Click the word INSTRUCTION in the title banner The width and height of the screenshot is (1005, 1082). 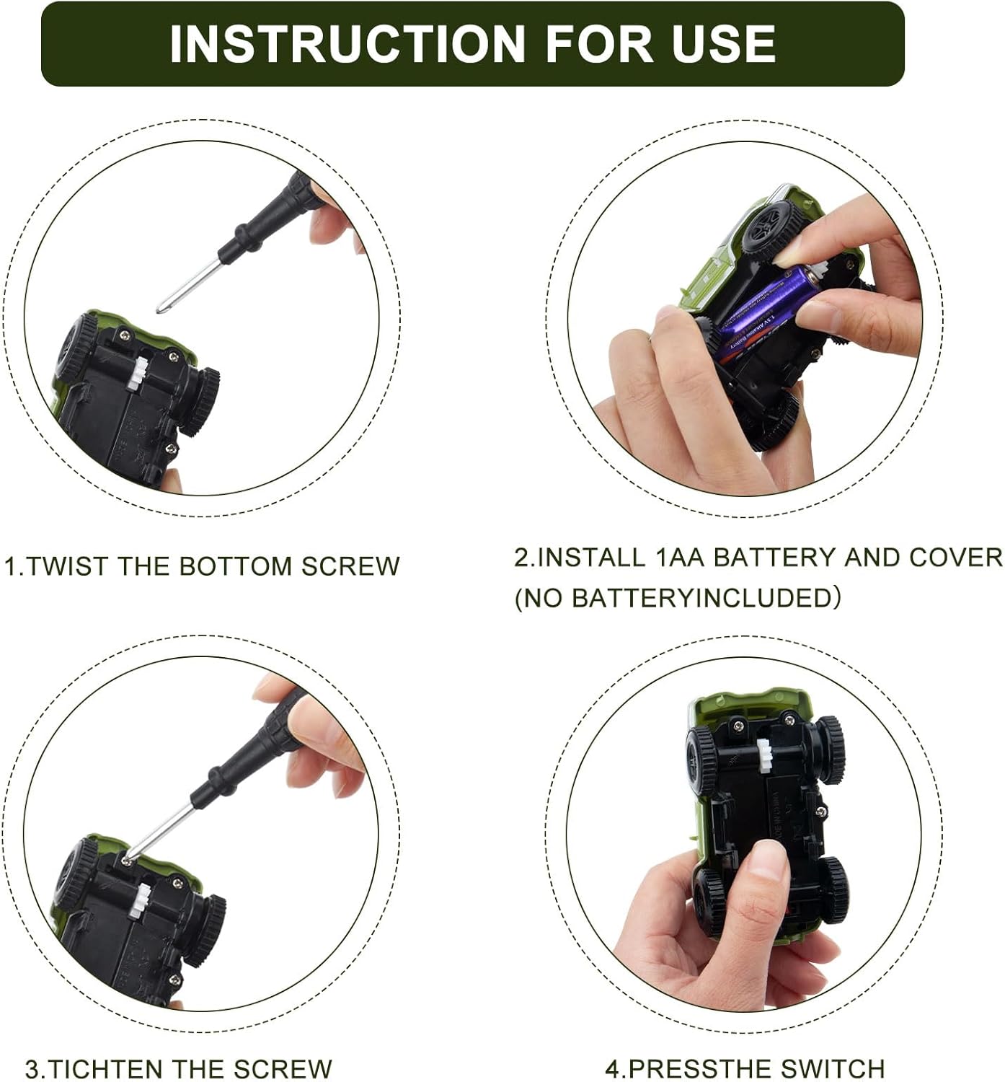pyautogui.click(x=347, y=43)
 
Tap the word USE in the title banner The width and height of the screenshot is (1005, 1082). pyautogui.click(x=723, y=43)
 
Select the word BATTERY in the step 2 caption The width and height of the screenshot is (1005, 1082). pyautogui.click(x=774, y=558)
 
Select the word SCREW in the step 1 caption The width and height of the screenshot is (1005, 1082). pyautogui.click(x=350, y=566)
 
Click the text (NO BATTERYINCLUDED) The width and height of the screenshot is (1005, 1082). pyautogui.click(x=678, y=598)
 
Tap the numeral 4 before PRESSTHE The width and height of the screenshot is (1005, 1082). pyautogui.click(x=612, y=1069)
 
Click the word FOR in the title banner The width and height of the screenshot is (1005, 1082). pyautogui.click(x=598, y=43)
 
